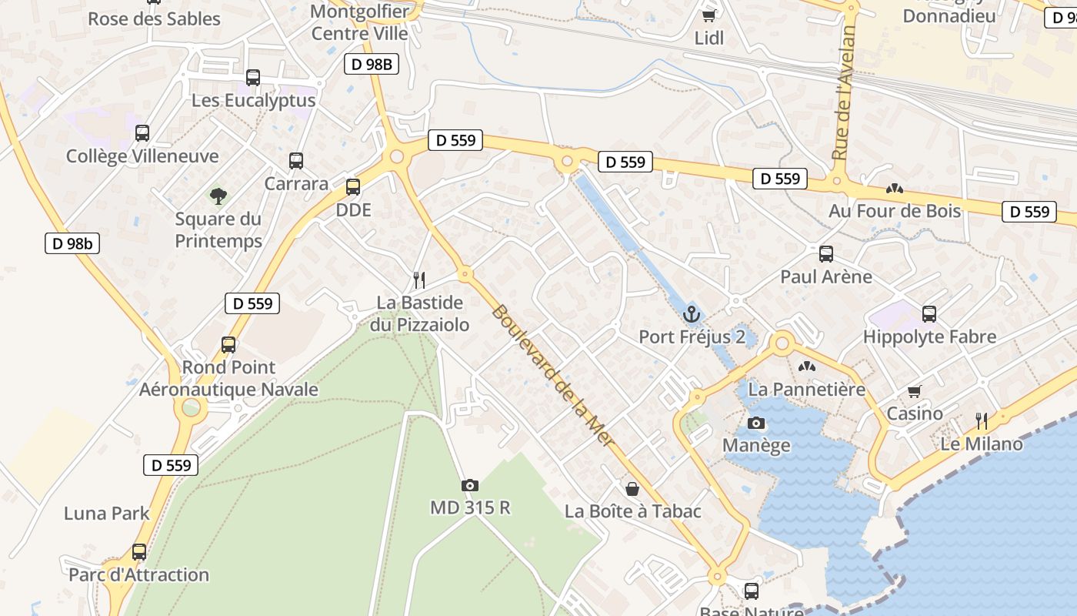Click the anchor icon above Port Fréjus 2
click(x=691, y=314)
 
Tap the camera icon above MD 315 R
click(x=469, y=485)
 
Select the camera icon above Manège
click(x=756, y=423)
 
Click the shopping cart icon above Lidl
click(x=709, y=15)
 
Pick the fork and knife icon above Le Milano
click(x=982, y=420)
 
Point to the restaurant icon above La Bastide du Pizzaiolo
click(x=419, y=280)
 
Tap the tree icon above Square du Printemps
click(x=218, y=196)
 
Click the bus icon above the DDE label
click(x=353, y=186)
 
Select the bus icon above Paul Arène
click(x=826, y=253)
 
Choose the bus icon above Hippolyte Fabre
click(x=929, y=313)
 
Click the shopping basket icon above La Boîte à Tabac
click(x=632, y=488)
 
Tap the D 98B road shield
click(x=372, y=65)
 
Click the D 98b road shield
click(x=72, y=244)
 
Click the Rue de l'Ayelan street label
click(x=844, y=92)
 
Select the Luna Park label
click(x=107, y=513)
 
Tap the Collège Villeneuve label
click(x=142, y=156)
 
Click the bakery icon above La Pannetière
click(x=806, y=367)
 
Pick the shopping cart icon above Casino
click(x=915, y=391)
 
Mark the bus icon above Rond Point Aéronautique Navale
click(x=228, y=344)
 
